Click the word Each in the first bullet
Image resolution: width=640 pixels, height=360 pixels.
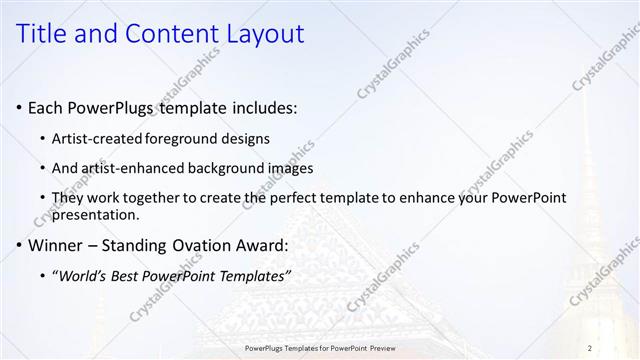[x=44, y=107]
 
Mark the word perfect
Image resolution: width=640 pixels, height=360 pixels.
[x=296, y=198]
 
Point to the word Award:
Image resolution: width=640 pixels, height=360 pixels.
[x=263, y=245]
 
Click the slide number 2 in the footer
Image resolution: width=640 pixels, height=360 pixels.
[x=590, y=347]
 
